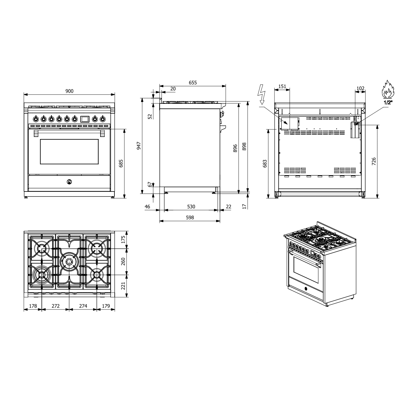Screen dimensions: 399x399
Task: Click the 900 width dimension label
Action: point(69,91)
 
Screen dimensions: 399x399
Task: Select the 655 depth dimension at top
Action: point(193,83)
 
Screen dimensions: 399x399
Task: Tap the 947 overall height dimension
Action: point(139,146)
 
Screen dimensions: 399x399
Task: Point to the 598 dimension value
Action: point(190,217)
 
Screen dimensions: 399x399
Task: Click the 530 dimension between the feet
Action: point(191,206)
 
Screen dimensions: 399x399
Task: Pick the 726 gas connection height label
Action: point(374,161)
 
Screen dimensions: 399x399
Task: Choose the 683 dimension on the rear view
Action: point(265,164)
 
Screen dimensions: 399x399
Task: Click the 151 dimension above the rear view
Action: point(282,86)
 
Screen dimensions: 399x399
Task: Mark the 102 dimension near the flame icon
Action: point(360,88)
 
